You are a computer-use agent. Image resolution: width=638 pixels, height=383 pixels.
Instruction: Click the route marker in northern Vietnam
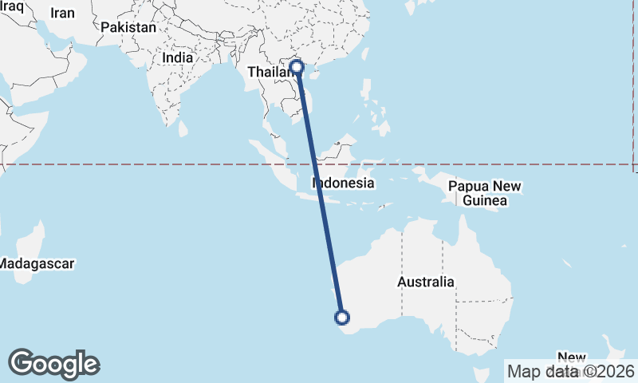point(297,67)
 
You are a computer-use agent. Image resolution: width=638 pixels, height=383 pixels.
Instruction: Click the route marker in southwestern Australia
point(341,318)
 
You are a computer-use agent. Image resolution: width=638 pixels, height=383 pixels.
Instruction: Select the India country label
point(177,58)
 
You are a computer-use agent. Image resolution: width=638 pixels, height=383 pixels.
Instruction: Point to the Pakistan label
point(128,27)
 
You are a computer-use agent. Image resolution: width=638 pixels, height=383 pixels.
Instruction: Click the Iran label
point(62,13)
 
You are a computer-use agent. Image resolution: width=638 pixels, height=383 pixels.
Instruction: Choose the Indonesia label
point(343,184)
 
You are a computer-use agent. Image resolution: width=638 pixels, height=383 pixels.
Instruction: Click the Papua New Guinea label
point(484,194)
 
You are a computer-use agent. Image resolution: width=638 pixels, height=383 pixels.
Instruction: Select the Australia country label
point(426,282)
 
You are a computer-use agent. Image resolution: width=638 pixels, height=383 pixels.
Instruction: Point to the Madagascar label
point(37,263)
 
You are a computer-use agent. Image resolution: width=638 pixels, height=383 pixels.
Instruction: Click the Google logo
point(53,364)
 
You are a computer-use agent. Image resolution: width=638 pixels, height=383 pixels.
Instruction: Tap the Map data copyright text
point(571,371)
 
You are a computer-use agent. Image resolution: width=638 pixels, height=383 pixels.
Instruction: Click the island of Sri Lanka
point(184,128)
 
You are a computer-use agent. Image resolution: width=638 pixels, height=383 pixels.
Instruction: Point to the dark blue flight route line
point(319,191)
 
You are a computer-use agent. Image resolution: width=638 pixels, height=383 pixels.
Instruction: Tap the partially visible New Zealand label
point(572,357)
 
